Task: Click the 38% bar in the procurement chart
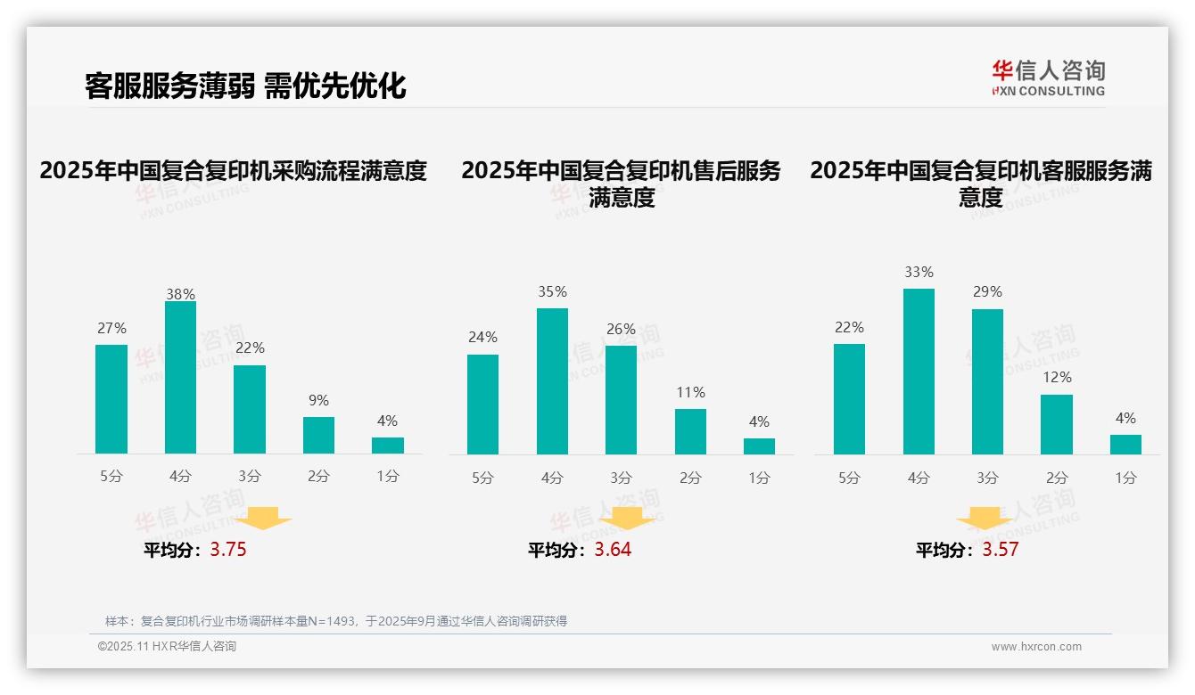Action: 180,378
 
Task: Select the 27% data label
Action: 111,328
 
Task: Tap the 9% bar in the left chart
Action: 318,435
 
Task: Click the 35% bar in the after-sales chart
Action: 552,381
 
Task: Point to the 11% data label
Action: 690,392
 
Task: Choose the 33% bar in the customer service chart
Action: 919,372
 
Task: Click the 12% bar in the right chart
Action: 1057,424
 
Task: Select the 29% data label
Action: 987,291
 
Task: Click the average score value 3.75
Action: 228,550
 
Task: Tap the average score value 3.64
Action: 613,550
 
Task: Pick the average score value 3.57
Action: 1000,550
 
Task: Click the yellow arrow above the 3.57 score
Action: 985,519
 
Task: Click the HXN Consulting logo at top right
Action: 1048,78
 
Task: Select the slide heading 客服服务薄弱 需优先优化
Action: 245,86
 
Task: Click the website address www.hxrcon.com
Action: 1036,647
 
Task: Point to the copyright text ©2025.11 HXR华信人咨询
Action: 168,647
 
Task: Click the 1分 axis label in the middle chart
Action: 759,478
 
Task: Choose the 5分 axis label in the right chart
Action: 849,478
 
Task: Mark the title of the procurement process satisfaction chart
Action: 234,170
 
